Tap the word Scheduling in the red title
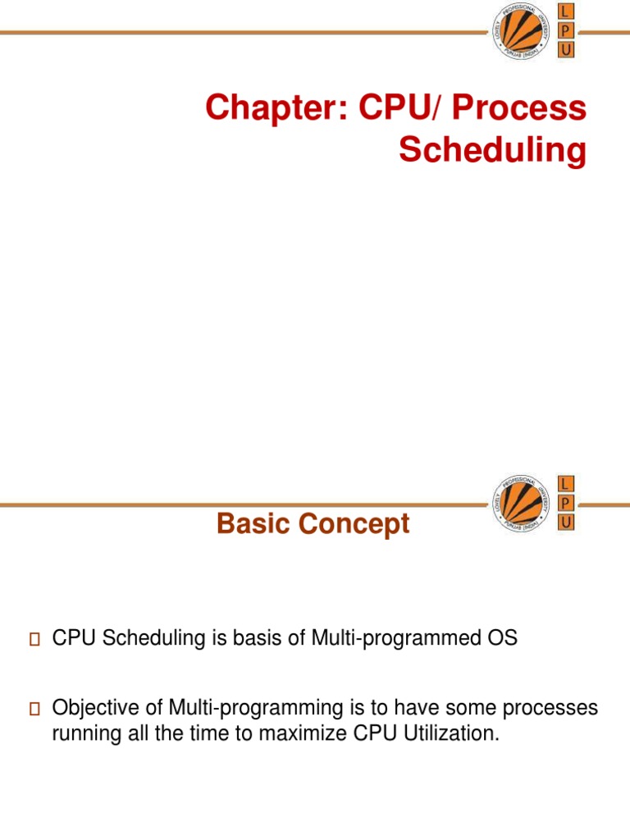pos(492,151)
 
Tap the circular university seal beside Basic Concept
pos(519,503)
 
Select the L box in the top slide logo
pos(565,11)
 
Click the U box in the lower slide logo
pos(565,522)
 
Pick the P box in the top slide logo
pos(565,31)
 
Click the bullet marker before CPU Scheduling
pos(34,640)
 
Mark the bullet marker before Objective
pos(34,710)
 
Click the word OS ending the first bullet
pos(505,639)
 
